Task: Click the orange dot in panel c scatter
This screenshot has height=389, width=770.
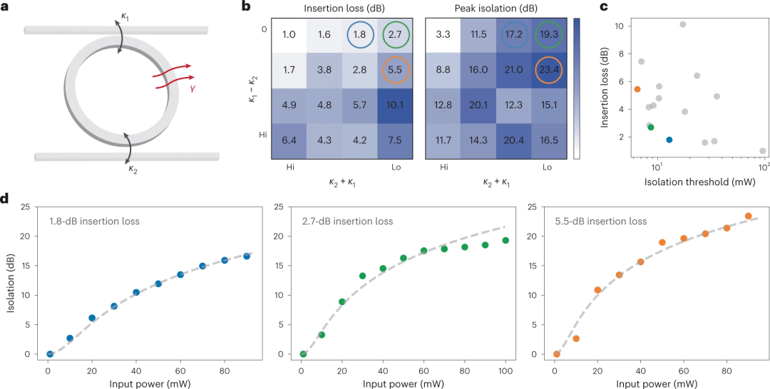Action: pos(637,89)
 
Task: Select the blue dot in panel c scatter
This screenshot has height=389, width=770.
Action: pos(669,140)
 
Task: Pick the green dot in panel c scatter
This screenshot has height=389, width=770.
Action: pos(650,127)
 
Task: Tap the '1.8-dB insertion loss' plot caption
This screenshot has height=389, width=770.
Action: pos(95,222)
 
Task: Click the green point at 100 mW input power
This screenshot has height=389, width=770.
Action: pos(505,240)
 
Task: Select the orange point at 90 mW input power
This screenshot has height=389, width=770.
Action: pos(748,216)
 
